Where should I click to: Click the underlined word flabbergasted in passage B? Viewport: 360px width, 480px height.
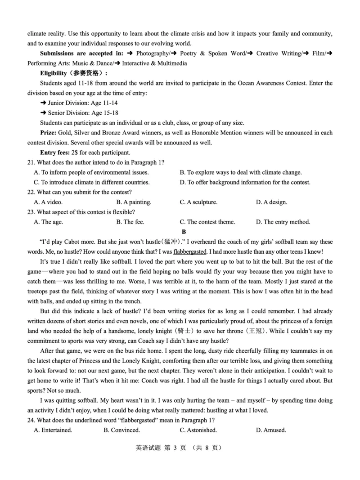[189, 252]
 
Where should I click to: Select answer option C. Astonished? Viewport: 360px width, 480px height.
[198, 430]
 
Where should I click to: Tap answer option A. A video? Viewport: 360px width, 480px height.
[48, 202]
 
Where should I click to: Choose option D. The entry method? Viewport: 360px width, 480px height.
[283, 222]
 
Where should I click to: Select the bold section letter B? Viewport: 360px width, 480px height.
[184, 232]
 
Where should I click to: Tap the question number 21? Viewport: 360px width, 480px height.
[31, 162]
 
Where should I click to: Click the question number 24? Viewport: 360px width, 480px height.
[31, 420]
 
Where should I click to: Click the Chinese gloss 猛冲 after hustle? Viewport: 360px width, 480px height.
[172, 242]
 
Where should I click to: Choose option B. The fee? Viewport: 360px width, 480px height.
[130, 222]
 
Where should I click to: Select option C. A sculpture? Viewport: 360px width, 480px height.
[198, 202]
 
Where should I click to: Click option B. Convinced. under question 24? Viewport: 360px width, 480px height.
[121, 430]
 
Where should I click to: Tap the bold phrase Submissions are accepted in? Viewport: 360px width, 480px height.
[81, 54]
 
